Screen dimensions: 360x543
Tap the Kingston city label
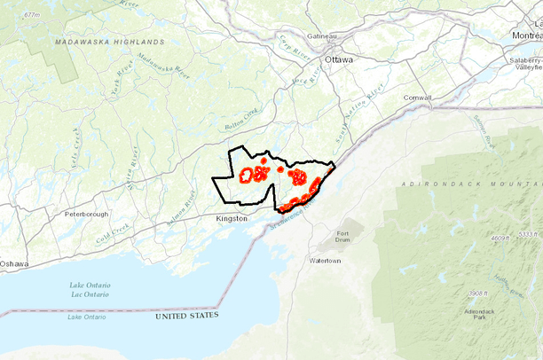pos(232,217)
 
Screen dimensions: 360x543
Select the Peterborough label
pos(86,215)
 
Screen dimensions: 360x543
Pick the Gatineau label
pos(322,35)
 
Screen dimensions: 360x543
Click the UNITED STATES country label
pos(186,316)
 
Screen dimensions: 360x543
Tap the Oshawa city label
pos(13,264)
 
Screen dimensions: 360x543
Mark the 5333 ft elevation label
pos(528,233)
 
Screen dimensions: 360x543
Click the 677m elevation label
pos(33,15)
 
